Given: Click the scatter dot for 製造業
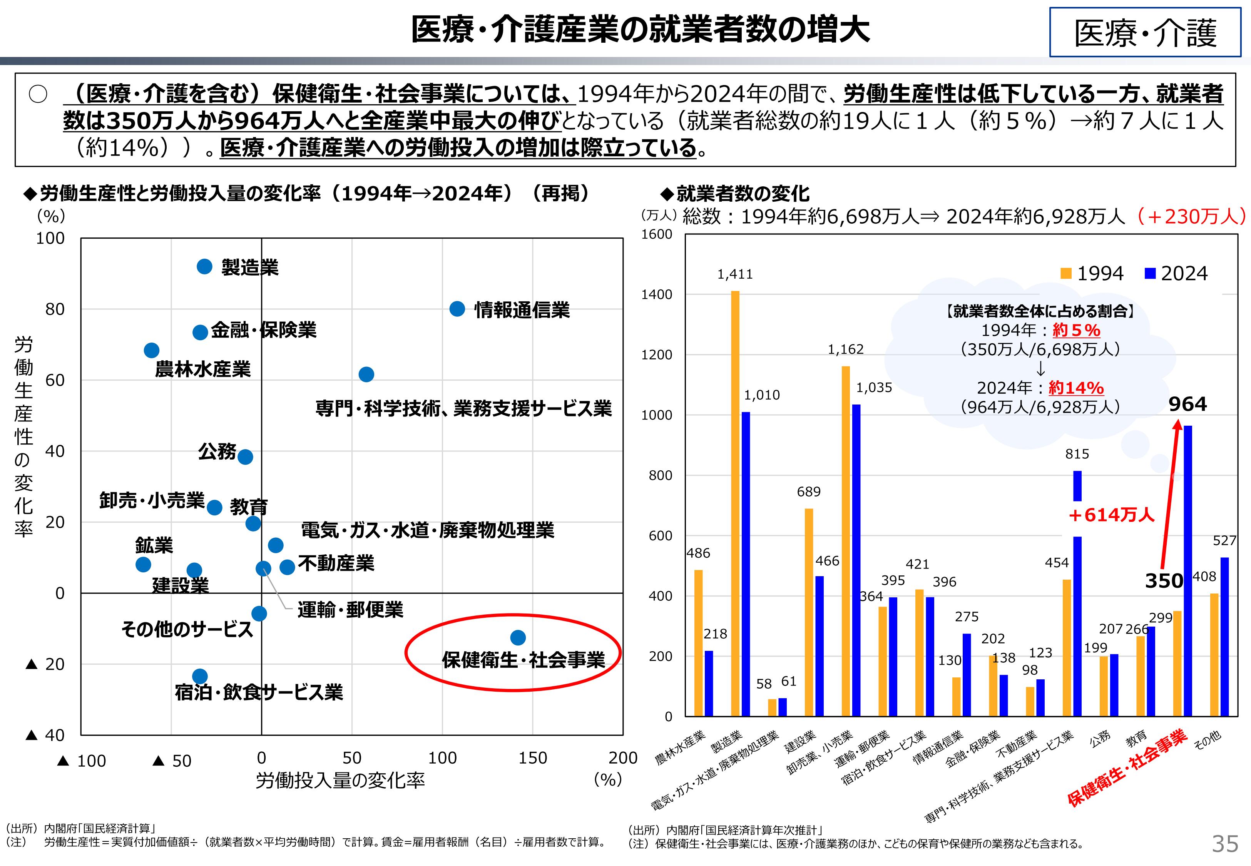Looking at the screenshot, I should tap(204, 266).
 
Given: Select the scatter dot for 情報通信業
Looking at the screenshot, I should tap(457, 309).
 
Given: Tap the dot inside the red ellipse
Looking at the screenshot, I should tap(518, 637).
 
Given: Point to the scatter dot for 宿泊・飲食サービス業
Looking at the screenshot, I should tap(200, 677).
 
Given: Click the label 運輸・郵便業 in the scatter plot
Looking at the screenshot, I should tap(350, 610).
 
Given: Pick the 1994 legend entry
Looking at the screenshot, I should tap(1092, 274).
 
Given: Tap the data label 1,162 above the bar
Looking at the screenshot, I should tap(845, 350).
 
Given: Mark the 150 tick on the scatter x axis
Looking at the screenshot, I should tap(532, 758).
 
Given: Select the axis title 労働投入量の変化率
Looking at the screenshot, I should tap(340, 780).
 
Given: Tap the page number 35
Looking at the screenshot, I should tap(1225, 844).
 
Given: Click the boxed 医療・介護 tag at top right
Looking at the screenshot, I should tap(1145, 33).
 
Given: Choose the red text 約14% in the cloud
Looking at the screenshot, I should tap(1076, 388).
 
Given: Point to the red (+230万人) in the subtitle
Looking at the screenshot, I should tap(1190, 216).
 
